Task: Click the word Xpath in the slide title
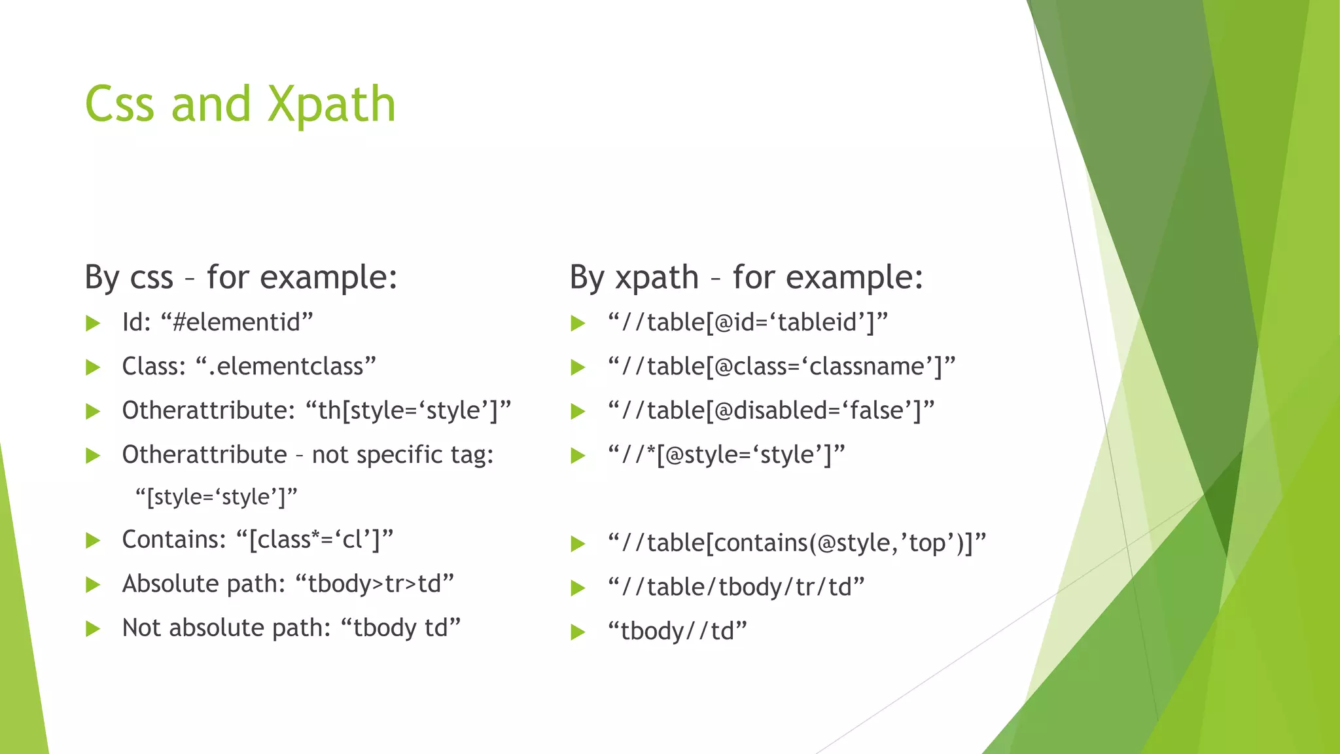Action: [x=332, y=105]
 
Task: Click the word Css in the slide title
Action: [x=120, y=105]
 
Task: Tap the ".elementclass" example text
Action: [x=286, y=366]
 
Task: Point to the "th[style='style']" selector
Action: [x=408, y=410]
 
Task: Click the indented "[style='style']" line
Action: [x=217, y=497]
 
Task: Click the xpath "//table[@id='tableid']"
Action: [x=748, y=322]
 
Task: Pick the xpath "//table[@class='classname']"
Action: [x=781, y=366]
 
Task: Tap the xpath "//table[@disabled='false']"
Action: [x=771, y=410]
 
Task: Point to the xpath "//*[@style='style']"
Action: [x=726, y=454]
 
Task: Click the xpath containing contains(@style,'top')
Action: [x=796, y=543]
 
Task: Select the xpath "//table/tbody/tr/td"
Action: [x=736, y=587]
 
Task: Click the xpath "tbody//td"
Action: [x=677, y=631]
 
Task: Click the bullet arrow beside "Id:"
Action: [x=93, y=323]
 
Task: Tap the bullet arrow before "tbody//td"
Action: [x=578, y=632]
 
